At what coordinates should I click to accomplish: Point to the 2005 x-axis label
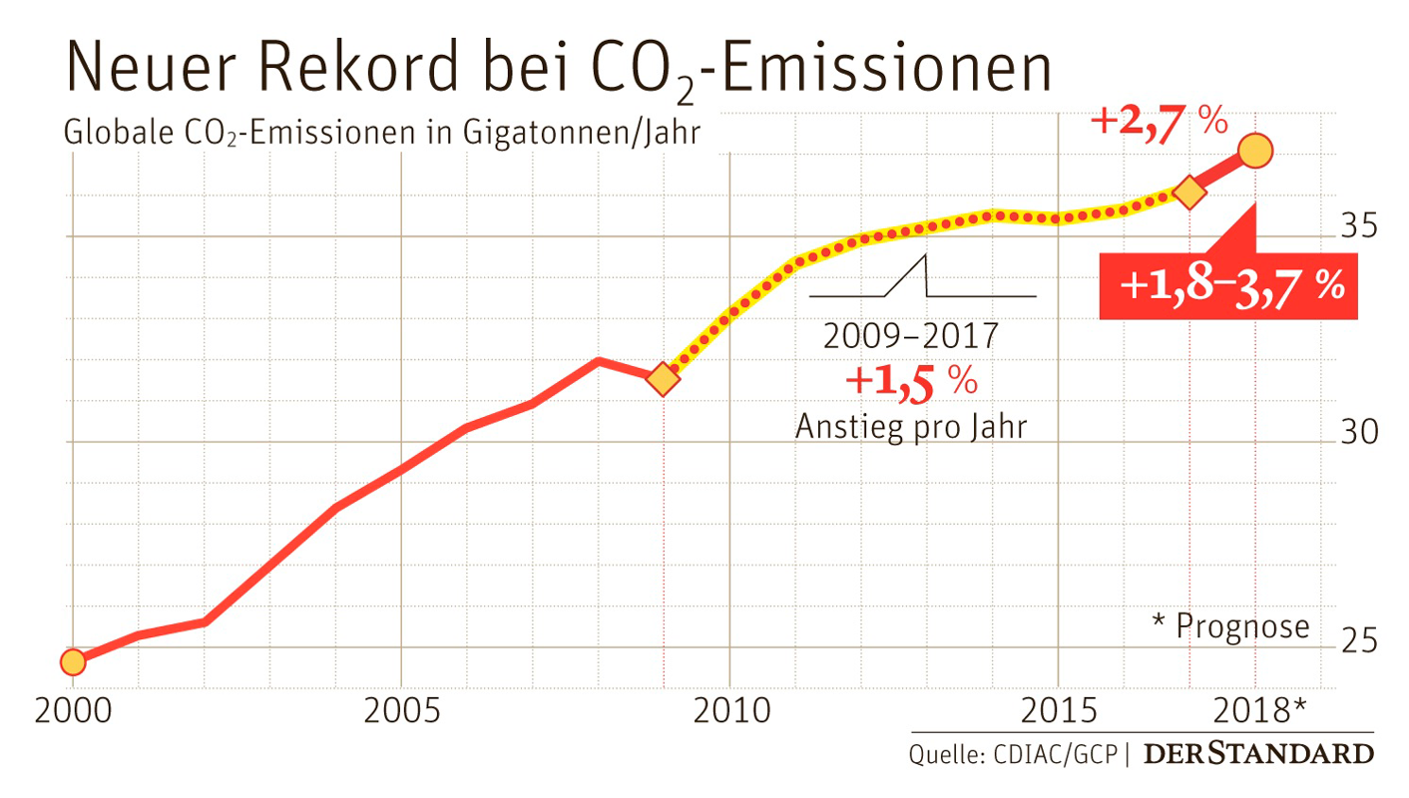tap(400, 712)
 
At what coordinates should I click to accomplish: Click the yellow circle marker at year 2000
tap(73, 661)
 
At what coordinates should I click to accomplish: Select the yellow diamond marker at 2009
tap(664, 379)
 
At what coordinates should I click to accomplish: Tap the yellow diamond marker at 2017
tap(1189, 194)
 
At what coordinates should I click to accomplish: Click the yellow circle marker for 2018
tap(1254, 152)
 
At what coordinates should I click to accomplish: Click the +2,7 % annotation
tap(1158, 123)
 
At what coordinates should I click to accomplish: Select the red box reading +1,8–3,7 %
tap(1229, 285)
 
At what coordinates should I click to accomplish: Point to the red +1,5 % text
tap(910, 382)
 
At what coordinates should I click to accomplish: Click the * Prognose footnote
tap(1229, 625)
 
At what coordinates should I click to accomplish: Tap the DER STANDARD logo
tap(1257, 753)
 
